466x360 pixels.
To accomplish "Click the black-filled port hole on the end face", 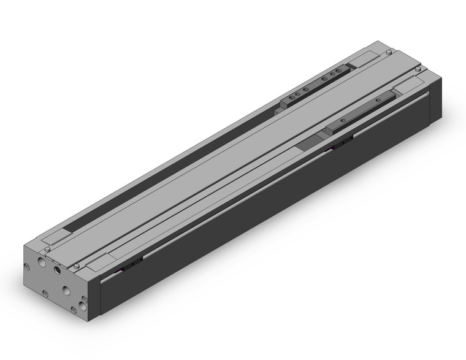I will point(58,270).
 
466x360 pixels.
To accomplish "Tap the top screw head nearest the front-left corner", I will point(46,249).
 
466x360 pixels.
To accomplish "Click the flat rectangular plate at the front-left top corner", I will point(56,236).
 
